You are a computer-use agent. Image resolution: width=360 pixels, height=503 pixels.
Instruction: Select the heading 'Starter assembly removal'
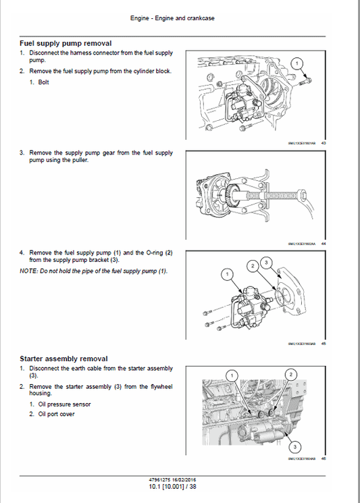tap(63, 359)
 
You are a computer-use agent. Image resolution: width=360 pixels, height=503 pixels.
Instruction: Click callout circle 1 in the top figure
tap(296, 63)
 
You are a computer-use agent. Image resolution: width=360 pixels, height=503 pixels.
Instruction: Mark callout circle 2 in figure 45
tap(252, 266)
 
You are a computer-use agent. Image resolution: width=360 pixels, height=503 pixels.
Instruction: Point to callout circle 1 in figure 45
tap(228, 274)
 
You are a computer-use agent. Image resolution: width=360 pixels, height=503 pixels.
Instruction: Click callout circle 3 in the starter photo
tap(294, 446)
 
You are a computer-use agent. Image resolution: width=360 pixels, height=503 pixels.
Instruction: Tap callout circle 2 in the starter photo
tap(290, 374)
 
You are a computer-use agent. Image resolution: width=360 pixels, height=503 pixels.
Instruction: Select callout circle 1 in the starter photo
tap(232, 375)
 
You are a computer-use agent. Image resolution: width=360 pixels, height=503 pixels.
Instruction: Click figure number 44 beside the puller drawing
tap(324, 244)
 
